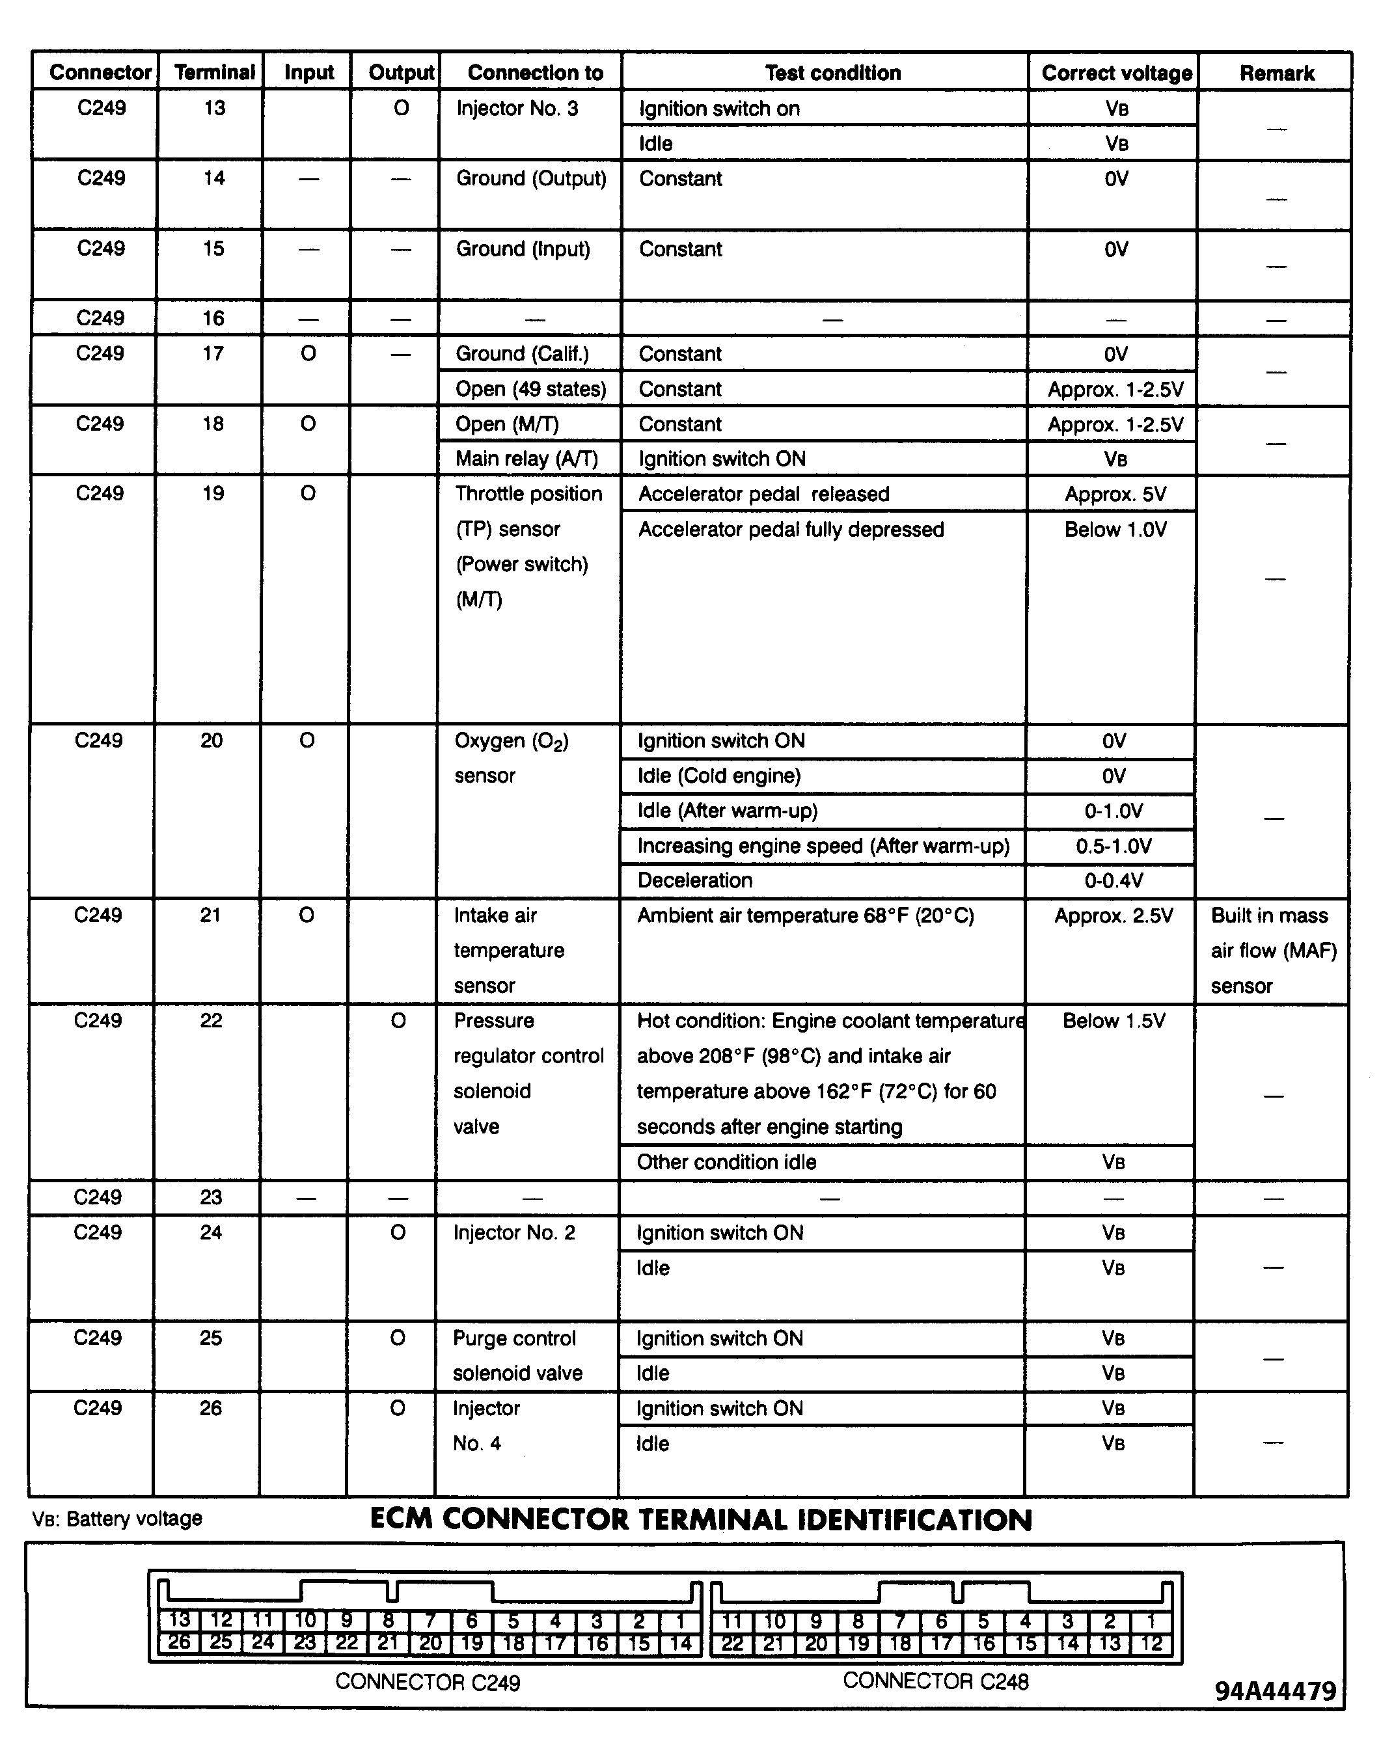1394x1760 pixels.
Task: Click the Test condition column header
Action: (832, 73)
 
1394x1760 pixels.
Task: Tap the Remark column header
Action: (1276, 73)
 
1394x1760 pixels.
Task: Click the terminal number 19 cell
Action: (213, 494)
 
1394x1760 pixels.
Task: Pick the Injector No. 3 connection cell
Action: (517, 109)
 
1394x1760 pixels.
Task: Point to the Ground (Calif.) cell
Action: (521, 353)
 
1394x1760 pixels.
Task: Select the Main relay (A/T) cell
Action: (526, 459)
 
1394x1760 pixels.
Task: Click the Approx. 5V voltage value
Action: (1115, 494)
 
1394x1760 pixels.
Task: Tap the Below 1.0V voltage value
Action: (1115, 530)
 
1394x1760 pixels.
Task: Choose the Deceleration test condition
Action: (694, 880)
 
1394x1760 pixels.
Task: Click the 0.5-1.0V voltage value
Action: (1114, 846)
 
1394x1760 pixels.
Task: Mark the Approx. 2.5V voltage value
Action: (1114, 915)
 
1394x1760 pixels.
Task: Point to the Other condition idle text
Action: (726, 1162)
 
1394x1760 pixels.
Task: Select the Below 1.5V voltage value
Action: (1114, 1021)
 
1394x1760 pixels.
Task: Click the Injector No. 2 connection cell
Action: (514, 1232)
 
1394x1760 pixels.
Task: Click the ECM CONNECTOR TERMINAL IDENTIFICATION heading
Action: (701, 1519)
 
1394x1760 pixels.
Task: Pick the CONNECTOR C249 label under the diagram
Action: (428, 1683)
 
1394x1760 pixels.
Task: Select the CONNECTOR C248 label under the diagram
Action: (935, 1681)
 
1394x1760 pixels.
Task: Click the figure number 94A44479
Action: (1275, 1690)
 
